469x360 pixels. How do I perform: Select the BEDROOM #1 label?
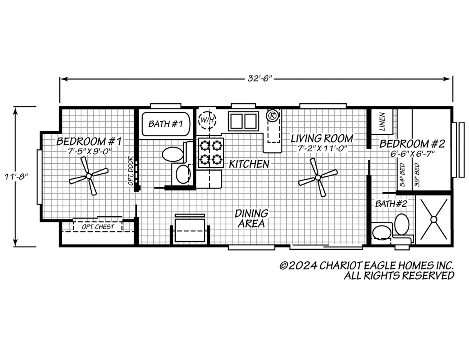click(x=89, y=142)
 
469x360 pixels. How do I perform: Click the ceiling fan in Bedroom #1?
click(x=89, y=176)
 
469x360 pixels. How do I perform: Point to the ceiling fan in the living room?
click(x=317, y=177)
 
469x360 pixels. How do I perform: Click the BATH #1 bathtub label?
click(x=165, y=124)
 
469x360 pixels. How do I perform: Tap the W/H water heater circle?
click(x=206, y=120)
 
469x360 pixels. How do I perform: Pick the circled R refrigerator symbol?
click(x=272, y=116)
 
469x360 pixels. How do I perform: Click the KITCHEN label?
click(x=249, y=164)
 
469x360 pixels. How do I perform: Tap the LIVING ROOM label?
click(x=322, y=138)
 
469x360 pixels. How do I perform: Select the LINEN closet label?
click(x=382, y=121)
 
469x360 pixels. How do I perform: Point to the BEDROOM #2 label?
click(x=412, y=144)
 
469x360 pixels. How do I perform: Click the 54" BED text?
click(x=402, y=175)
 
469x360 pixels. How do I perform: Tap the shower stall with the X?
click(x=433, y=219)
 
